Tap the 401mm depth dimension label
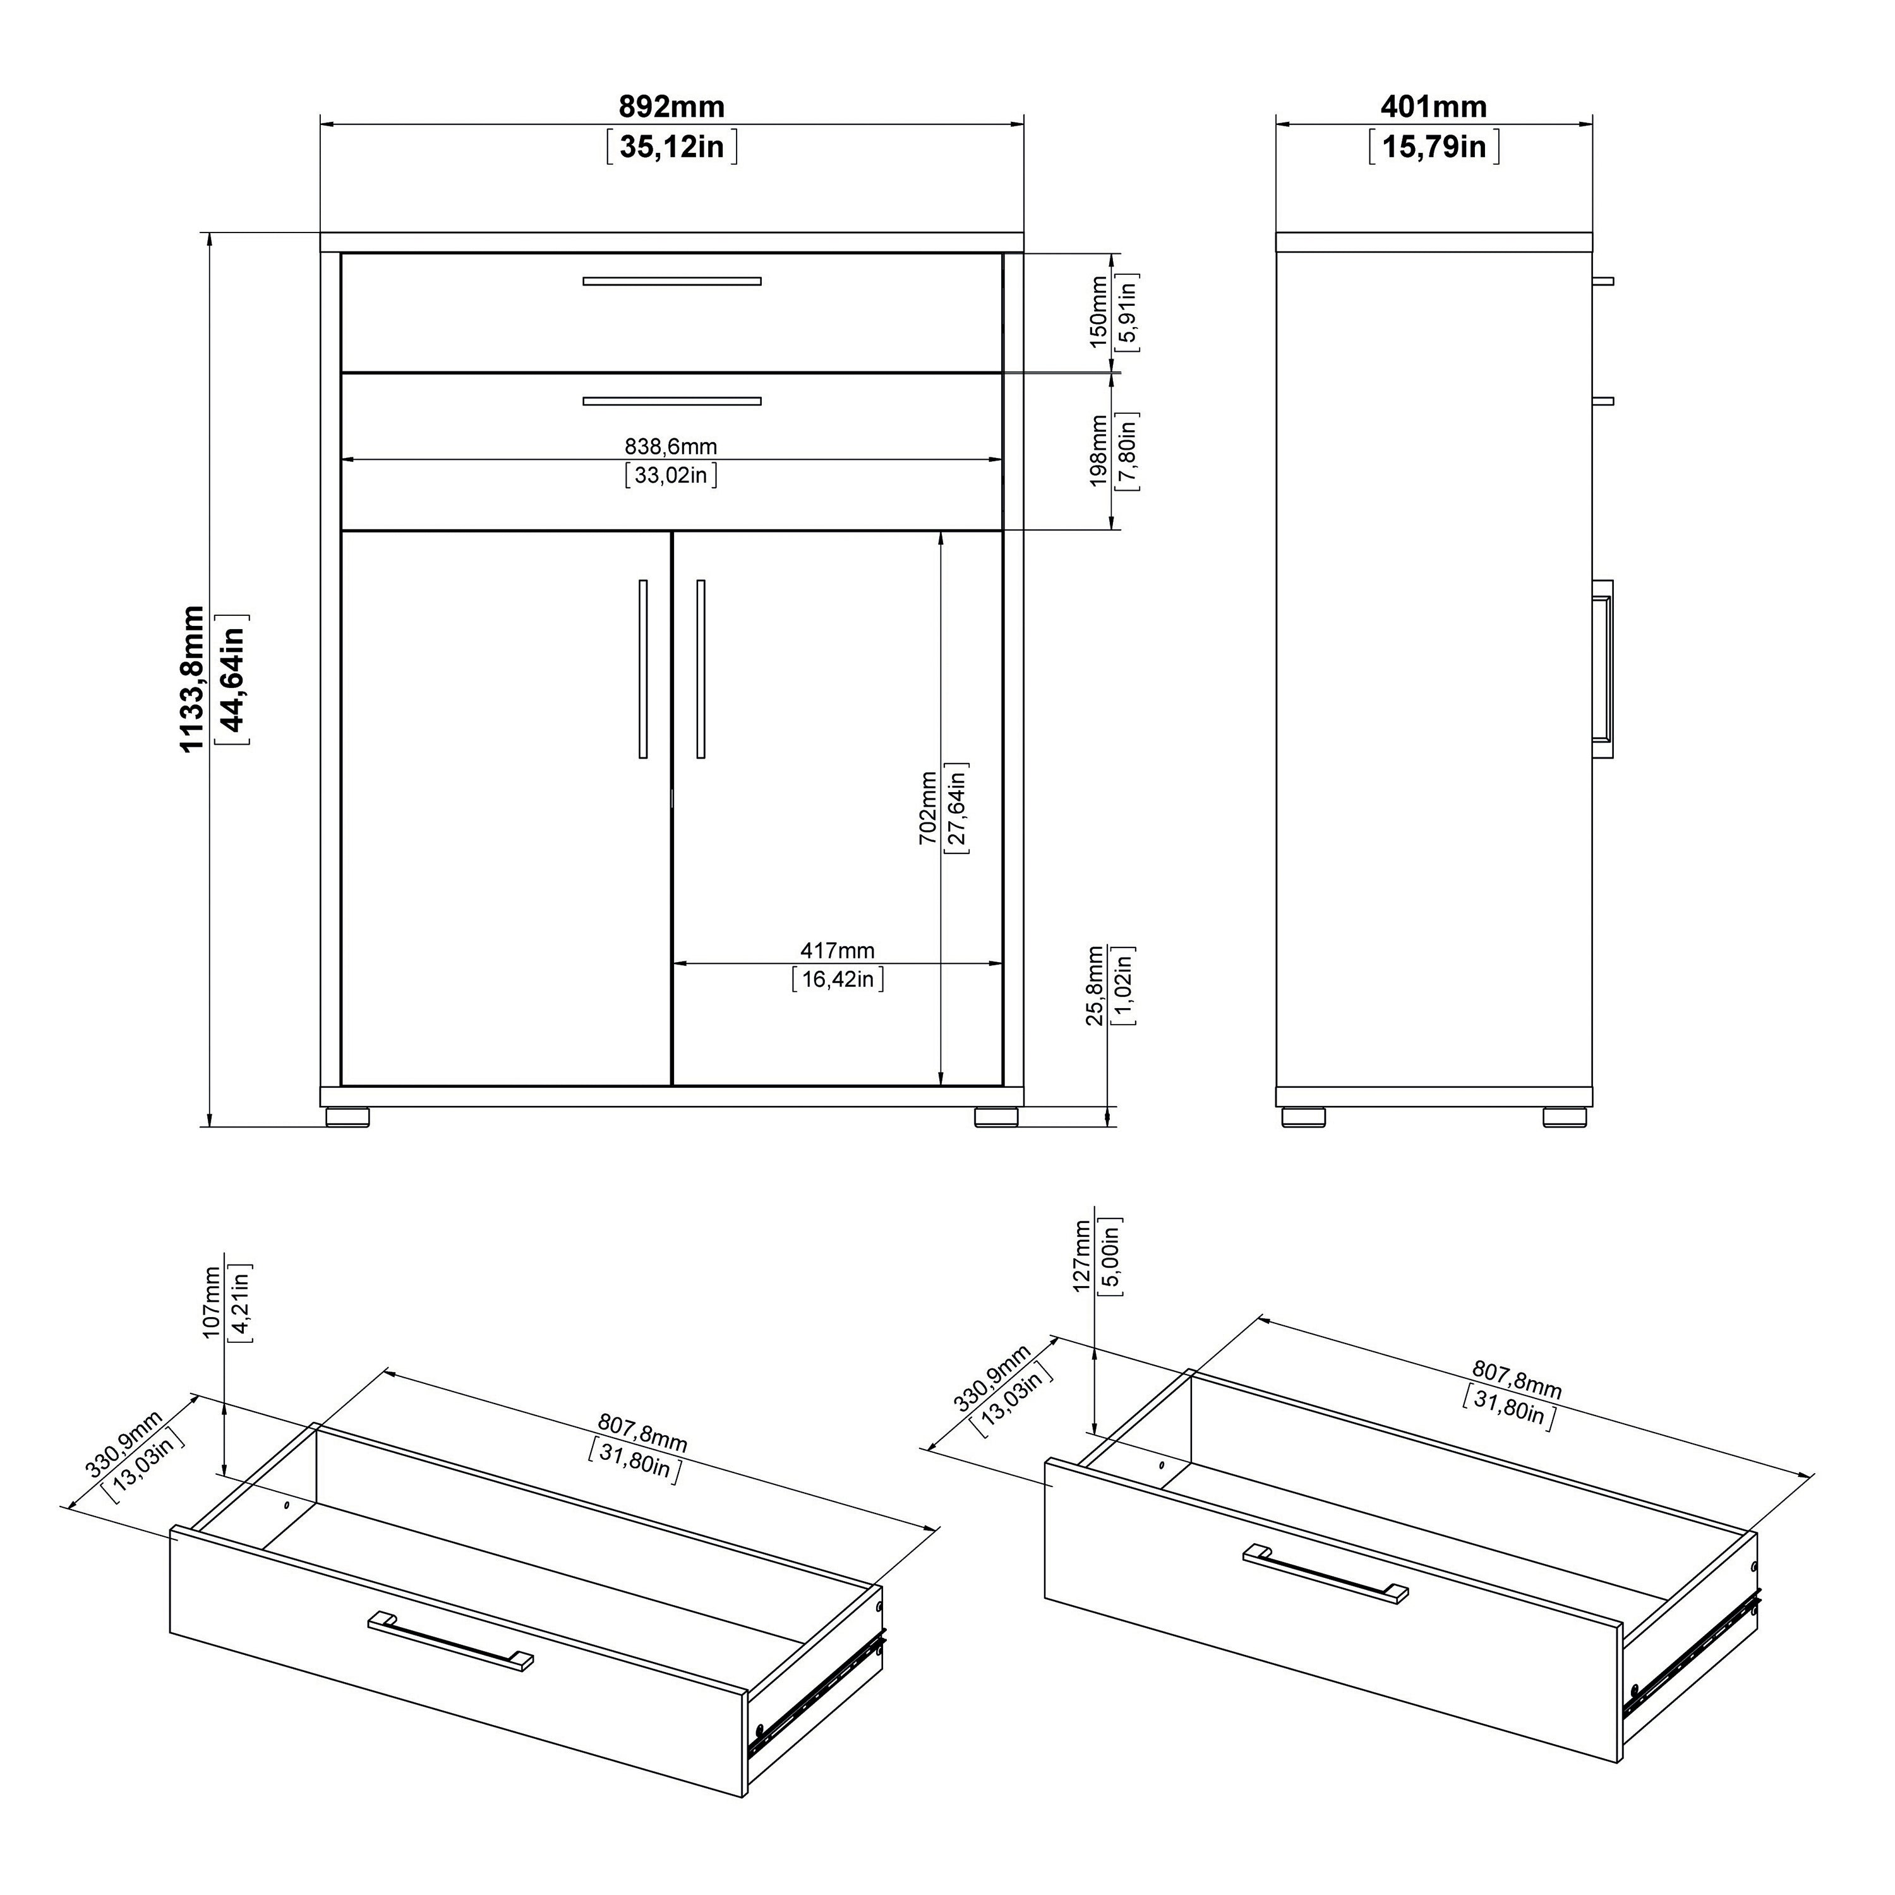1433,106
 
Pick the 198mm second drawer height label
1098,450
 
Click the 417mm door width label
837,951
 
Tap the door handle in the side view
1603,669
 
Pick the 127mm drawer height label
1083,1256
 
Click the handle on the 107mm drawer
451,1640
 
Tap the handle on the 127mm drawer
1325,1573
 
